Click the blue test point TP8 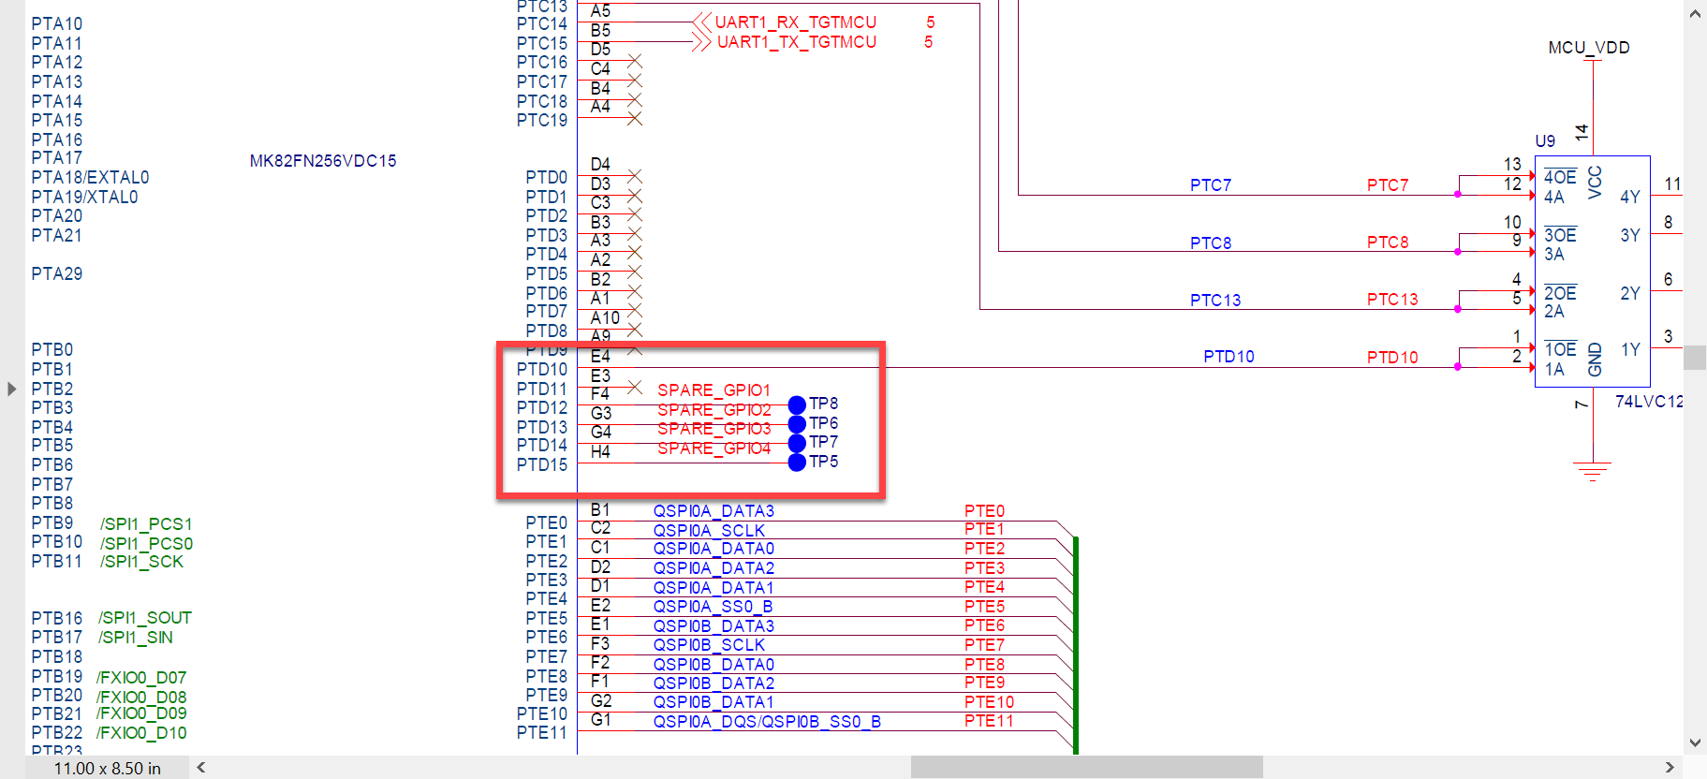pyautogui.click(x=797, y=404)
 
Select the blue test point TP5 pyautogui.click(x=797, y=463)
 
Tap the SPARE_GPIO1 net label pyautogui.click(x=714, y=389)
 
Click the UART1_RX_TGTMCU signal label pyautogui.click(x=795, y=22)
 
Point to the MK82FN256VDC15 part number pyautogui.click(x=323, y=161)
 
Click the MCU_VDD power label pyautogui.click(x=1588, y=48)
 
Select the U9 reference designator pyautogui.click(x=1545, y=141)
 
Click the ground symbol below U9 pyautogui.click(x=1592, y=469)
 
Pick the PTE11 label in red pyautogui.click(x=989, y=721)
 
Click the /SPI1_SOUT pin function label pyautogui.click(x=145, y=618)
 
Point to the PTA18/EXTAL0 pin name pyautogui.click(x=90, y=178)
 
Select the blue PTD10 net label pyautogui.click(x=1229, y=357)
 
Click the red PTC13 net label pyautogui.click(x=1391, y=300)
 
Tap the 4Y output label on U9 pyautogui.click(x=1629, y=197)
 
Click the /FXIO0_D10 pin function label pyautogui.click(x=141, y=733)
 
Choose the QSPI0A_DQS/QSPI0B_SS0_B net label pyautogui.click(x=766, y=722)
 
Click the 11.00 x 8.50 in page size pyautogui.click(x=107, y=769)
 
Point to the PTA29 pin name pyautogui.click(x=57, y=274)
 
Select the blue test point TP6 pyautogui.click(x=797, y=424)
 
